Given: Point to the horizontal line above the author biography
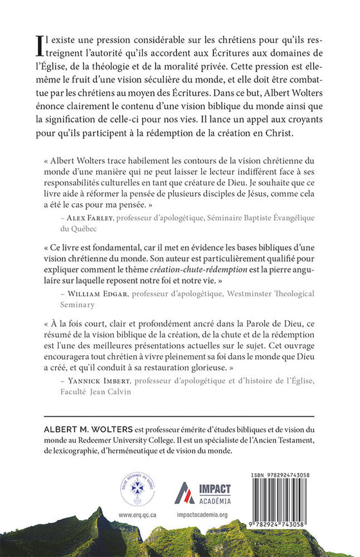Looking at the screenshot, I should point(179,416).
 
